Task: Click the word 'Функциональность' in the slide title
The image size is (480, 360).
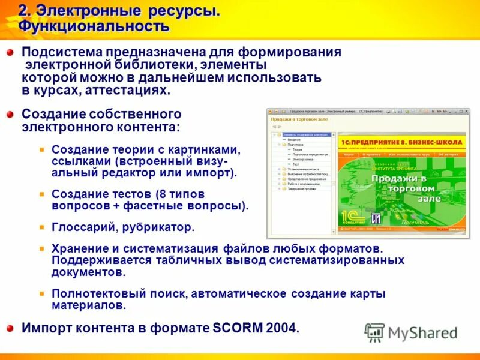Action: (94, 26)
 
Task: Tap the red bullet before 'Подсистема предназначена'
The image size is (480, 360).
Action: (10, 53)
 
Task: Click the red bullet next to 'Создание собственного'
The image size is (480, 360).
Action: (10, 114)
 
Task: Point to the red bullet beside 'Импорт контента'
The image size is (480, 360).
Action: (10, 328)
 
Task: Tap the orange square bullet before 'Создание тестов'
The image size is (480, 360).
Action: (41, 195)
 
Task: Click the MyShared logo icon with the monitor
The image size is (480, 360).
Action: (374, 332)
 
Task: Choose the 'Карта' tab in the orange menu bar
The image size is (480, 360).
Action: (349, 154)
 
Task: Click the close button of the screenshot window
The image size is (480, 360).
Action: (463, 111)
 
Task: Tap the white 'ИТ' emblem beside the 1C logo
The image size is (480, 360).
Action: (376, 217)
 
